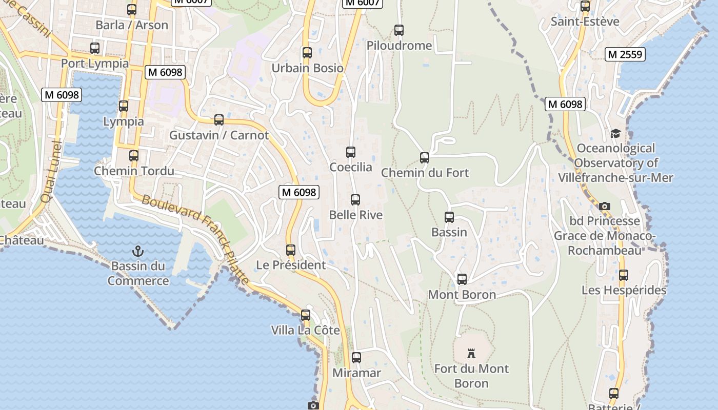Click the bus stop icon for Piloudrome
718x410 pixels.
tap(399, 30)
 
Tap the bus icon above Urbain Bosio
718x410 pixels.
tap(307, 53)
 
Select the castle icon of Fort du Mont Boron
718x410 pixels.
tap(471, 353)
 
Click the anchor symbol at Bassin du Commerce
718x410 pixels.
tap(137, 251)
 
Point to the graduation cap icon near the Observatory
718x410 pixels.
tap(615, 133)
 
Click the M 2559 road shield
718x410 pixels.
tap(625, 54)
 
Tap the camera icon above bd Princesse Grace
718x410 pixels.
tap(605, 206)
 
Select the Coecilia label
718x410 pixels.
tap(351, 167)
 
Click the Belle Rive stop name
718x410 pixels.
tap(356, 215)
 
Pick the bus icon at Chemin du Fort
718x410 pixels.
tap(425, 158)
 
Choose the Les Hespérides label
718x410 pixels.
tap(624, 290)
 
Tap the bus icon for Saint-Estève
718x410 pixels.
tap(585, 7)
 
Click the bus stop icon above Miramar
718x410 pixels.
tap(356, 358)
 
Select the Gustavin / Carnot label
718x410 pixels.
tap(219, 135)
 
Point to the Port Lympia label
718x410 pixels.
tap(95, 63)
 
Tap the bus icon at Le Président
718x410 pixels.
tap(291, 250)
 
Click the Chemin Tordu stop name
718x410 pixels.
tap(134, 171)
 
